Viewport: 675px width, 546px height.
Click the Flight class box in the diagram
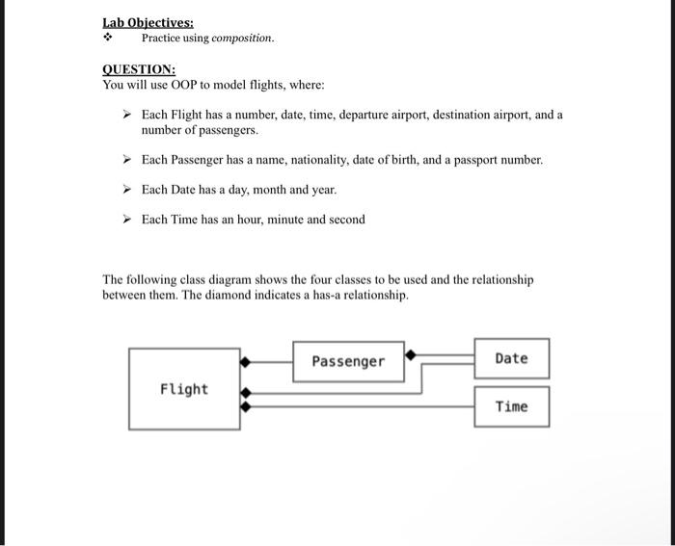184,389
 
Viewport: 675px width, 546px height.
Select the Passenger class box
348,361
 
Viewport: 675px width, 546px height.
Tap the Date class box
511,358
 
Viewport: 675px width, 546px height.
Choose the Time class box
511,406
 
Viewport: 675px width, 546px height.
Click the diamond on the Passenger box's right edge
410,354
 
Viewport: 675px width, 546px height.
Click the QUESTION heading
139,69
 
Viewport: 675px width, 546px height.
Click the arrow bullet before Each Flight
125,115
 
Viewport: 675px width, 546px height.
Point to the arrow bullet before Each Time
125,220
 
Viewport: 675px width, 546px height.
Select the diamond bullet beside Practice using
108,39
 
